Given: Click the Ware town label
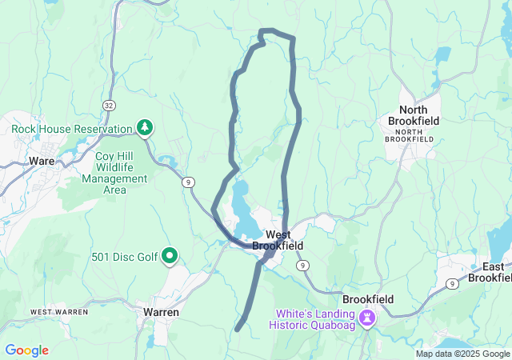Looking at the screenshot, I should [42, 161].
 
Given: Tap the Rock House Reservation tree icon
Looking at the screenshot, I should [145, 127].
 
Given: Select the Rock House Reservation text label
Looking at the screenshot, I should [71, 129].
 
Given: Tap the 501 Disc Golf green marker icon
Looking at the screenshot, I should [170, 256].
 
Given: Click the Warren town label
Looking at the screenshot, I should [161, 312].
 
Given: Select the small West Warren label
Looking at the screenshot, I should [58, 311].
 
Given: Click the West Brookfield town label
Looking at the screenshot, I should [278, 240].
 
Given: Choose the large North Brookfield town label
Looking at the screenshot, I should [414, 115].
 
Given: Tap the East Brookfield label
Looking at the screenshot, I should [489, 272].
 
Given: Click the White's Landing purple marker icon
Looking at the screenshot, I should [367, 318].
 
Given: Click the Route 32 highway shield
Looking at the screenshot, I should [108, 105].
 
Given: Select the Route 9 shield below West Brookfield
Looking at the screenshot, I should [302, 265].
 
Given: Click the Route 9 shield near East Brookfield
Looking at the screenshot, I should [452, 283].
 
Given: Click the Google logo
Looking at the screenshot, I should [26, 350].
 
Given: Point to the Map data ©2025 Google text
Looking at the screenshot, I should [462, 354].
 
